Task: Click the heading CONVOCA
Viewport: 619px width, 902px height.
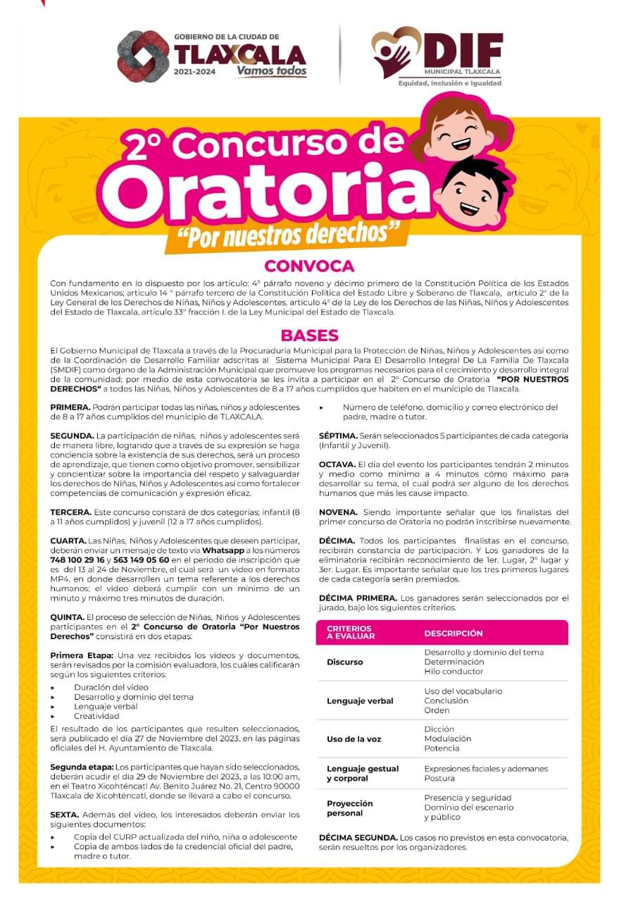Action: coord(309,266)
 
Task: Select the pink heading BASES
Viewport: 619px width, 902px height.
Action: coord(309,335)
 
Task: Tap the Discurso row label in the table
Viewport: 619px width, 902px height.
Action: coord(345,662)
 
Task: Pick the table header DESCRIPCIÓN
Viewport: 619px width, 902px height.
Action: coord(454,633)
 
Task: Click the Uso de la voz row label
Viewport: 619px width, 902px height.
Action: coord(354,739)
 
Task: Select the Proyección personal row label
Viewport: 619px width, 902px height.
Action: coord(350,808)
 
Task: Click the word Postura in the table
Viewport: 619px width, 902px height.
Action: coord(439,779)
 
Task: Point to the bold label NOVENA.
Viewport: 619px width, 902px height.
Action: coord(339,511)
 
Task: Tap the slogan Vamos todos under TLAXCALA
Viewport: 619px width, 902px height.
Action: coord(271,70)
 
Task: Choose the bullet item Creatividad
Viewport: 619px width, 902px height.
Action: coord(96,716)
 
